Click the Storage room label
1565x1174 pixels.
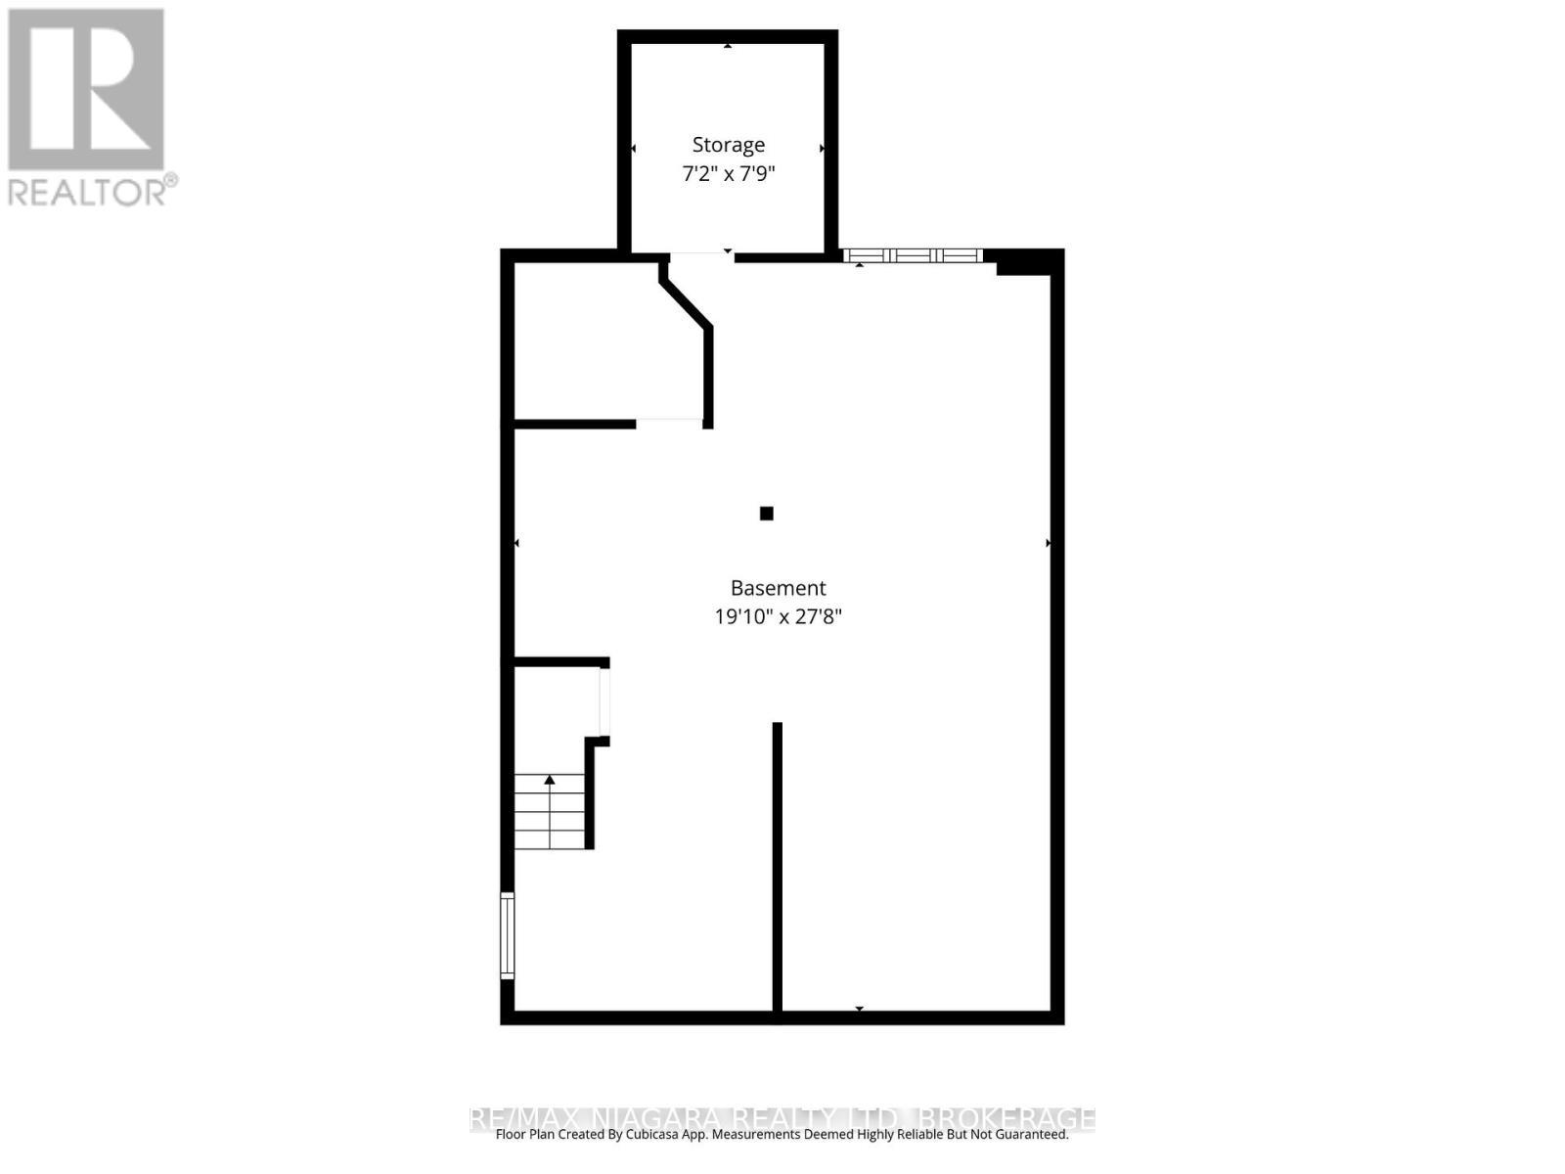click(x=729, y=145)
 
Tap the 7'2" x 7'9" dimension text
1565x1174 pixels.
click(x=729, y=174)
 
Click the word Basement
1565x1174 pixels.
click(x=779, y=588)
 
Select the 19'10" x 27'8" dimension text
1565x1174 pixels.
click(x=779, y=617)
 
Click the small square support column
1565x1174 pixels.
click(x=767, y=514)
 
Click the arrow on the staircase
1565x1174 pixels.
click(x=550, y=780)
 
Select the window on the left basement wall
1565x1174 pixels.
click(x=507, y=935)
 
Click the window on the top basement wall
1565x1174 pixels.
click(x=913, y=256)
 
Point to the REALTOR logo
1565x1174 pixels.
click(x=86, y=90)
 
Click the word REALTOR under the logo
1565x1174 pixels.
click(x=86, y=192)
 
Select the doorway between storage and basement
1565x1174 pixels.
click(x=700, y=256)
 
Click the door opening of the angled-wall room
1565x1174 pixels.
click(x=669, y=424)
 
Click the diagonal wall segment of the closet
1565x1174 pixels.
click(x=685, y=303)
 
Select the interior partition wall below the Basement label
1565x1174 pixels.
click(x=778, y=866)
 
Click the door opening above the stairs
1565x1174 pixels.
click(x=604, y=701)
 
